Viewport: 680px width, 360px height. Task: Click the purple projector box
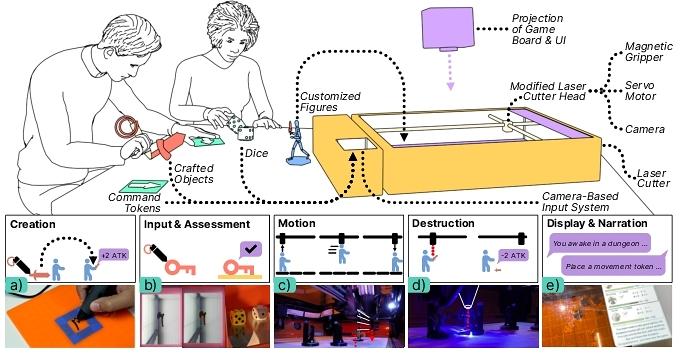coord(447,29)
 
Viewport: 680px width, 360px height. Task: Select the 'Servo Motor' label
coord(640,90)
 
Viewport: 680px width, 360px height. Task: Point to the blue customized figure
coord(298,142)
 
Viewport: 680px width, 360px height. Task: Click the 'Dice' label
coord(256,153)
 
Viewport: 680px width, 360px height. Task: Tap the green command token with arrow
coord(143,187)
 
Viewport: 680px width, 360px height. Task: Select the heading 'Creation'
coord(33,224)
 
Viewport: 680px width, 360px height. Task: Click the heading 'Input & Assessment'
coord(197,224)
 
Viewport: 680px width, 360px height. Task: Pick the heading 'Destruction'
coord(443,223)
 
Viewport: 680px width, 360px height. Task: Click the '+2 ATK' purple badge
coord(114,255)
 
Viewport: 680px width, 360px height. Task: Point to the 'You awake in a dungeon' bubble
coord(602,244)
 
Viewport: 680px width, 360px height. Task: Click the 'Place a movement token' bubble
coord(614,266)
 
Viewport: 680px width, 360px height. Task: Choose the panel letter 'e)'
coord(553,286)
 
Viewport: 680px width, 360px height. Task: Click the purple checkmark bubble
coord(252,250)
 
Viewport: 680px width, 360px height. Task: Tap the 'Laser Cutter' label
coord(653,178)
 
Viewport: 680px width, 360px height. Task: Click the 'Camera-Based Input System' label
coord(580,202)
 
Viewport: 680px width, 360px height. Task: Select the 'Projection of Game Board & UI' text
coord(539,29)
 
